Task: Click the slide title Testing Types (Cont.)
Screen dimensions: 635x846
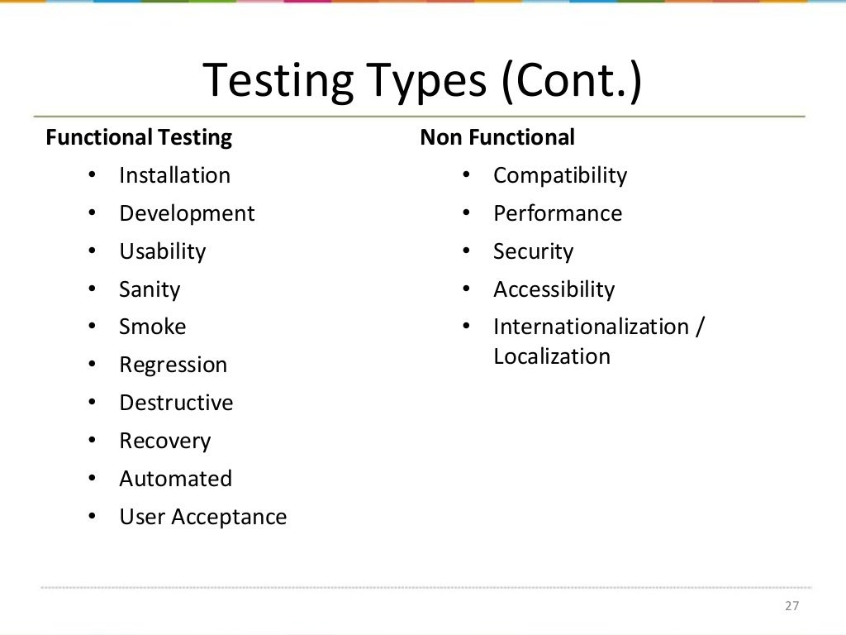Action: tap(422, 81)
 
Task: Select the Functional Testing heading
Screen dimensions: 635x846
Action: tap(139, 137)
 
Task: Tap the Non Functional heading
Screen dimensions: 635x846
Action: tap(497, 137)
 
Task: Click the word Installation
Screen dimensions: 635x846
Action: tap(174, 175)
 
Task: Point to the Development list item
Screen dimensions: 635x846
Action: tap(187, 213)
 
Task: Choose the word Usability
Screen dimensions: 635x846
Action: tap(162, 251)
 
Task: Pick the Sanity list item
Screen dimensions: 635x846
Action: tap(150, 289)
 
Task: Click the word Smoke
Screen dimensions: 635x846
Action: tap(153, 327)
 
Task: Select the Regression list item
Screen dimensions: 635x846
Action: tap(173, 365)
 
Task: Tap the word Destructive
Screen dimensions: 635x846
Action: tap(176, 403)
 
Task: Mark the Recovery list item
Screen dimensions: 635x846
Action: tap(164, 441)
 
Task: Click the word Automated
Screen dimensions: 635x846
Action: tap(175, 479)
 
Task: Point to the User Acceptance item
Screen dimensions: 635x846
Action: tap(203, 517)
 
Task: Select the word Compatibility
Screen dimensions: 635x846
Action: tap(560, 175)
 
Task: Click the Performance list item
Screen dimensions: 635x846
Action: tap(558, 213)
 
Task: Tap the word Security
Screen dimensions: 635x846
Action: tap(533, 251)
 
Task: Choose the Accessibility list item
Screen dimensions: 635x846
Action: tap(554, 289)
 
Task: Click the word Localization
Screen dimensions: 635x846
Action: tap(552, 356)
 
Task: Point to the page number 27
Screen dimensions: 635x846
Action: tap(792, 606)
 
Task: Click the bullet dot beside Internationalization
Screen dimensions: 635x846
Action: tap(467, 326)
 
